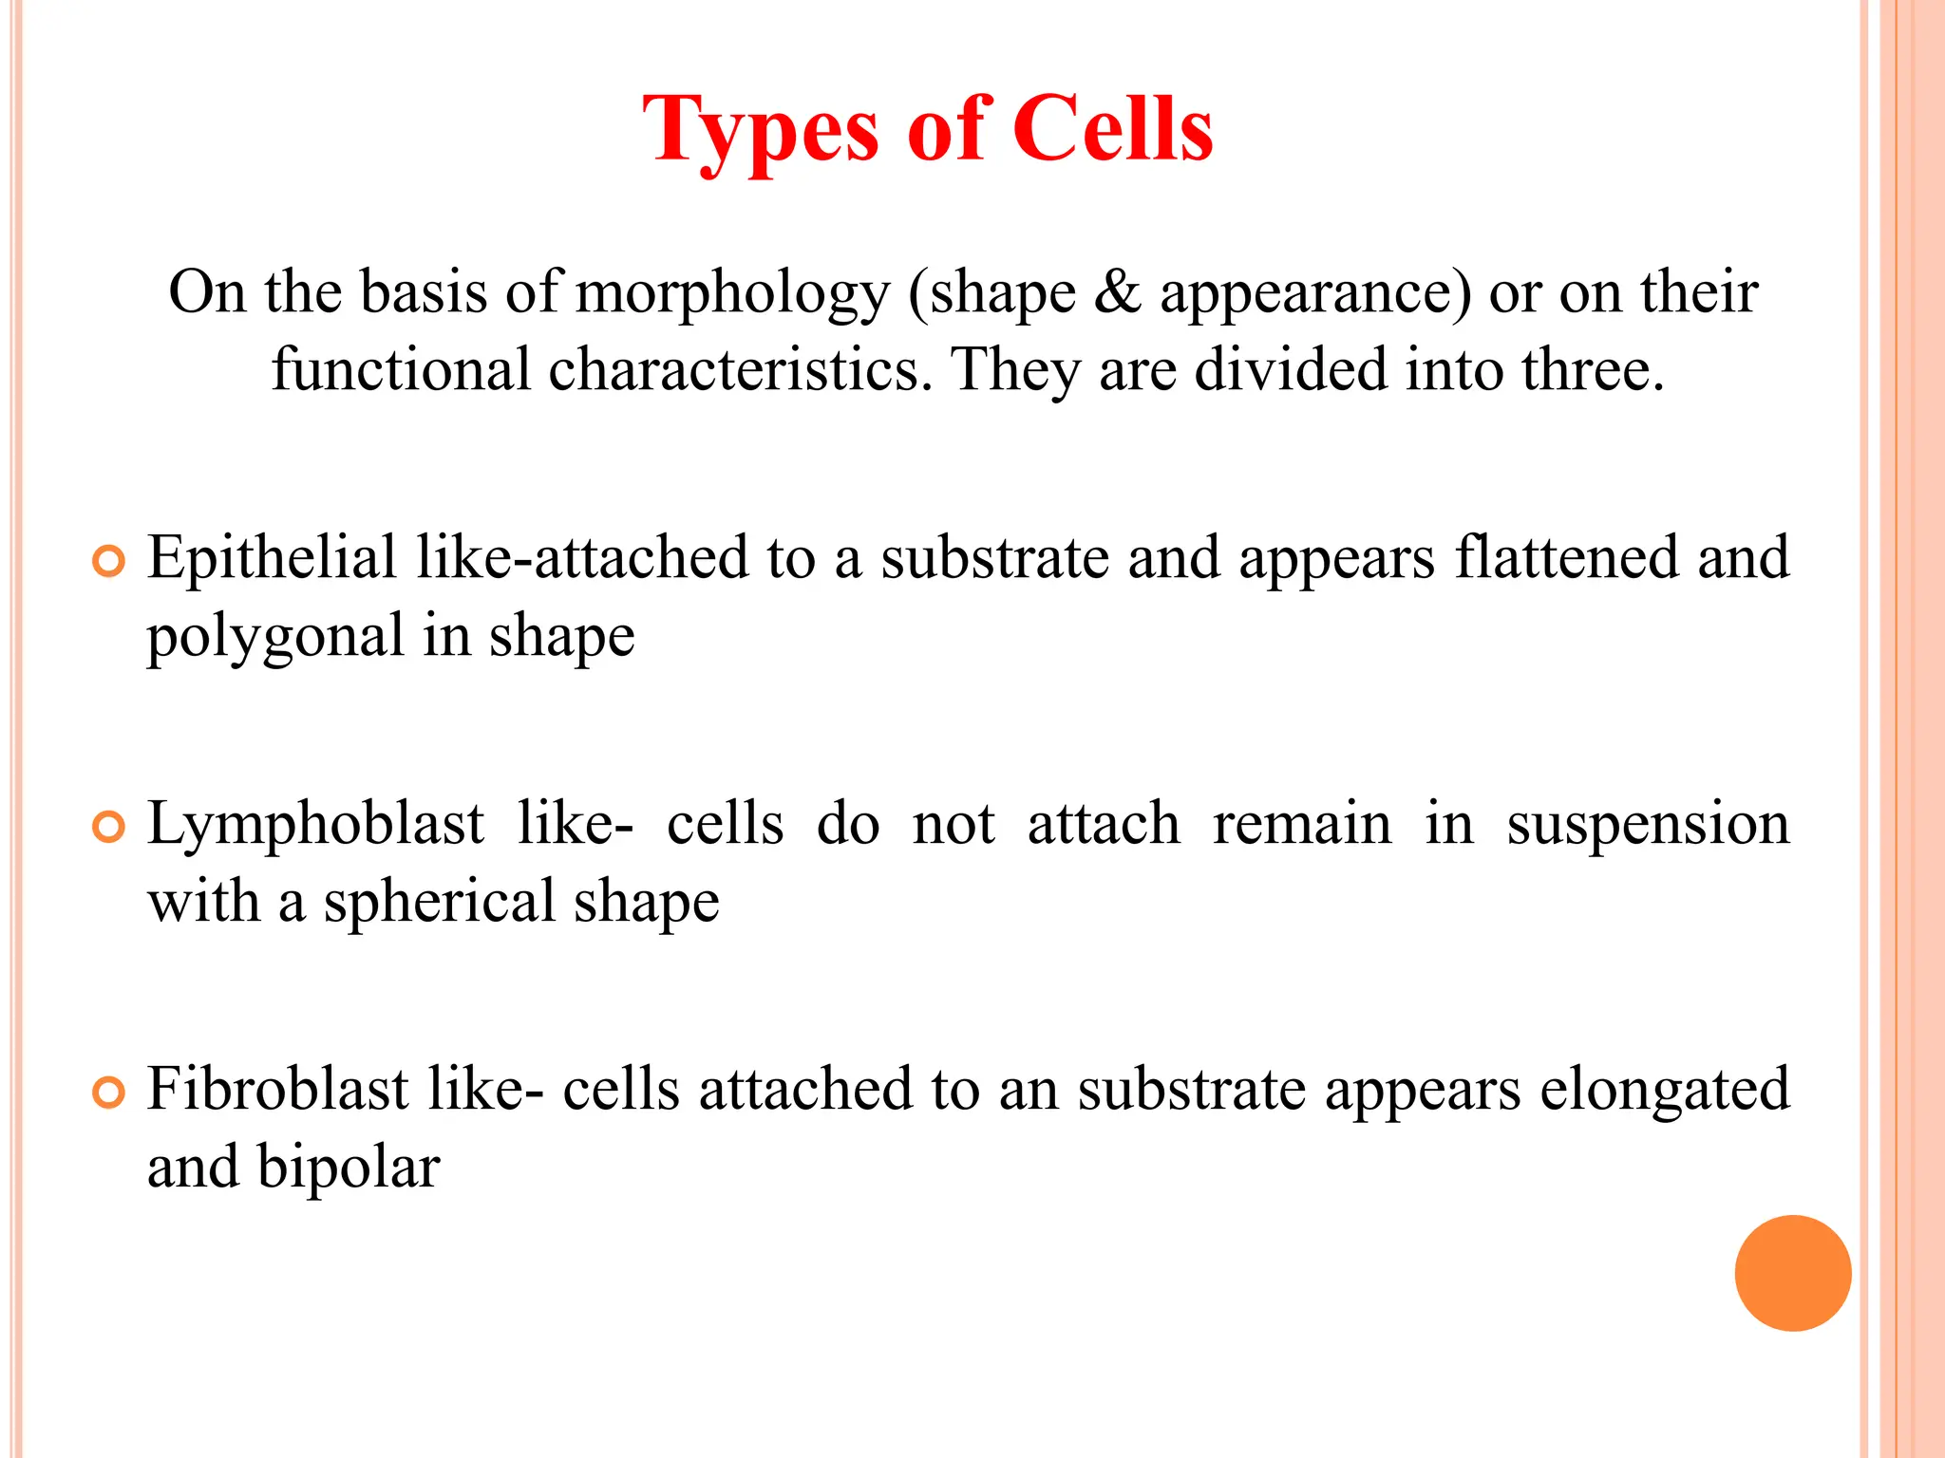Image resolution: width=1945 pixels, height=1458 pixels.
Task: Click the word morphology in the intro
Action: [x=732, y=292]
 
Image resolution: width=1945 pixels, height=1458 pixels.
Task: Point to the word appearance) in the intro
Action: [x=1315, y=292]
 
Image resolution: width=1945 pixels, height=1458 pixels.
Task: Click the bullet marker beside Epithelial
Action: [x=109, y=562]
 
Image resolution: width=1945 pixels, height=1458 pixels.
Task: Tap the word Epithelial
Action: [x=272, y=558]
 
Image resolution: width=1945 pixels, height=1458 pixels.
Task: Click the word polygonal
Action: [x=275, y=637]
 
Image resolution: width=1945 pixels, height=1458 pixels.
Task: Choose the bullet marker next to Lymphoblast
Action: [x=109, y=828]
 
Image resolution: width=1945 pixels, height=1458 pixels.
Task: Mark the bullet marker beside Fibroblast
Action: [x=109, y=1093]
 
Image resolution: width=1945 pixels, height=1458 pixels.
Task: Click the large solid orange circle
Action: [x=1792, y=1273]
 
